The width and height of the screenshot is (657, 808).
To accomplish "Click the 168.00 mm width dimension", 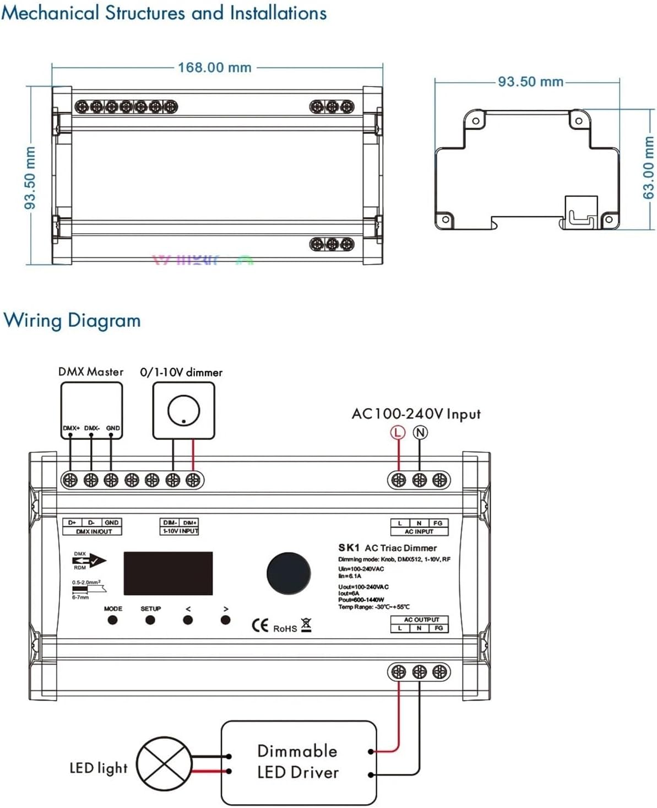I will pos(215,68).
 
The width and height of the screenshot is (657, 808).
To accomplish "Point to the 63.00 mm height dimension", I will pos(649,168).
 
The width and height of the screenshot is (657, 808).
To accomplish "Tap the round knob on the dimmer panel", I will pos(289,573).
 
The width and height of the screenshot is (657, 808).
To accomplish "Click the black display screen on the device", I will pos(168,573).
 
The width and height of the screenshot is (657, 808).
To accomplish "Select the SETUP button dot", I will pos(150,620).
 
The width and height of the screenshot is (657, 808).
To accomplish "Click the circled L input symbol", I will pos(398,433).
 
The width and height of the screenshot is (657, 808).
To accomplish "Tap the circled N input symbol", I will pos(420,433).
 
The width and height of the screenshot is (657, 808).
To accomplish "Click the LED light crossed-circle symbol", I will pos(164,764).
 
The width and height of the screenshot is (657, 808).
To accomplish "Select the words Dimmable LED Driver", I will pos(297,762).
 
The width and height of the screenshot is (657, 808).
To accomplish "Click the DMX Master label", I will pos(91,372).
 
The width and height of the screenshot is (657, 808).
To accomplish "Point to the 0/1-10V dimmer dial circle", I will pos(183,411).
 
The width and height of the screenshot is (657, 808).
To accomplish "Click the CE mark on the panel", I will pos(260,626).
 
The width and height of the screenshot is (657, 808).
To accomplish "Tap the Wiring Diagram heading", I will pos(72,320).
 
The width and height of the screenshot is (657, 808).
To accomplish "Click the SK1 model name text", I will pos(349,548).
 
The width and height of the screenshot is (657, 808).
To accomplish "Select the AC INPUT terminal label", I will pos(419,532).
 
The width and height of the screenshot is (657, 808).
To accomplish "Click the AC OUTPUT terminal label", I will pos(421,620).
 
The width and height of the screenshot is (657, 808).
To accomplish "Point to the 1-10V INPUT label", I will pos(180,531).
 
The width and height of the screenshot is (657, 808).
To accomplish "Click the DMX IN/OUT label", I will pos(93,532).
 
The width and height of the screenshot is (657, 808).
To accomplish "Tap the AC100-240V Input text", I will pos(416,414).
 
